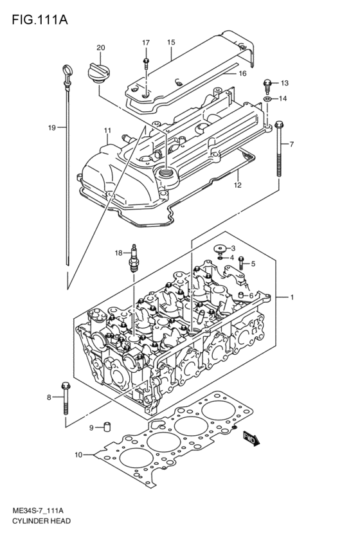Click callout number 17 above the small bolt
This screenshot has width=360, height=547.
pos(146,42)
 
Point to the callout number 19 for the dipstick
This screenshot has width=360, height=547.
pos(52,128)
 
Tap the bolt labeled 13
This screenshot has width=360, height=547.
pos(267,83)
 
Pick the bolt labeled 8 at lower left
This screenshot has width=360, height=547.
pos(65,399)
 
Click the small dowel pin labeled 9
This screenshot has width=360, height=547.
pos(109,427)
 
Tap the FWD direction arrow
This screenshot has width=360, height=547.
pos(251,439)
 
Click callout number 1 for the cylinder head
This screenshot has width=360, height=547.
pos(292,298)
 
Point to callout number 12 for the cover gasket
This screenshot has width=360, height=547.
pos(237,185)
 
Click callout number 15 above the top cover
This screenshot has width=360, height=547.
pos(171,42)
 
